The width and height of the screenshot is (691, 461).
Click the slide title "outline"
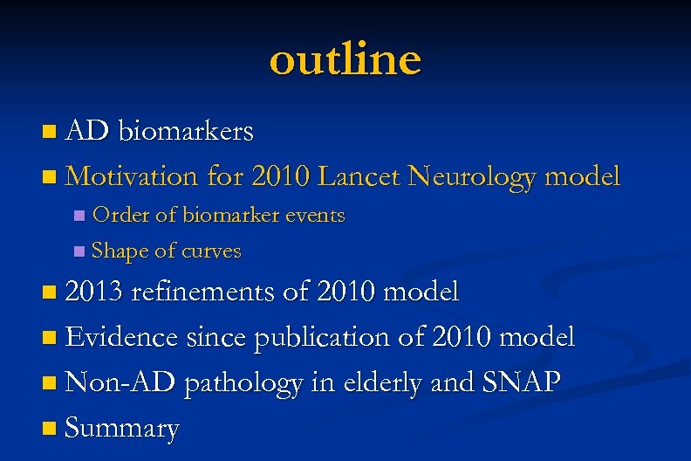[345, 59]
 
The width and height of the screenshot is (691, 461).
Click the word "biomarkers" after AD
[186, 131]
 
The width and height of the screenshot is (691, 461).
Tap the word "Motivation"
[132, 176]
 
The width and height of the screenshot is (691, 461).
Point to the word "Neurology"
[475, 177]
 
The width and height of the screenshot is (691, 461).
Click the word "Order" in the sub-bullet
[119, 215]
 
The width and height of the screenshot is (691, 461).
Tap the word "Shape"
[120, 251]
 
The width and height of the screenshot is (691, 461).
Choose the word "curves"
[210, 251]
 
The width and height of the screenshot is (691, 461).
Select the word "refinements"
[205, 292]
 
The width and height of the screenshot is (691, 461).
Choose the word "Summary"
[122, 428]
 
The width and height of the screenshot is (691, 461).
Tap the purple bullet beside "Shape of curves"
[80, 252]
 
